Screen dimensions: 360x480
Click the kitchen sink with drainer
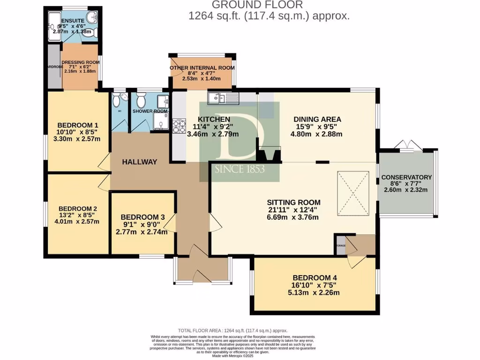pos(223,98)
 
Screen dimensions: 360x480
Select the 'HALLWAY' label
pos(139,162)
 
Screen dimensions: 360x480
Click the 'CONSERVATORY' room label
pos(406,177)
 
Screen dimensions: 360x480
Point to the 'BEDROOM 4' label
pos(314,276)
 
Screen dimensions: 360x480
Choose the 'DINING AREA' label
pos(317,119)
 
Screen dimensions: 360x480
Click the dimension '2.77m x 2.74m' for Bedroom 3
pos(142,232)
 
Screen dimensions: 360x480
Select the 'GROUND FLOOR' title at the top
pos(257,5)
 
